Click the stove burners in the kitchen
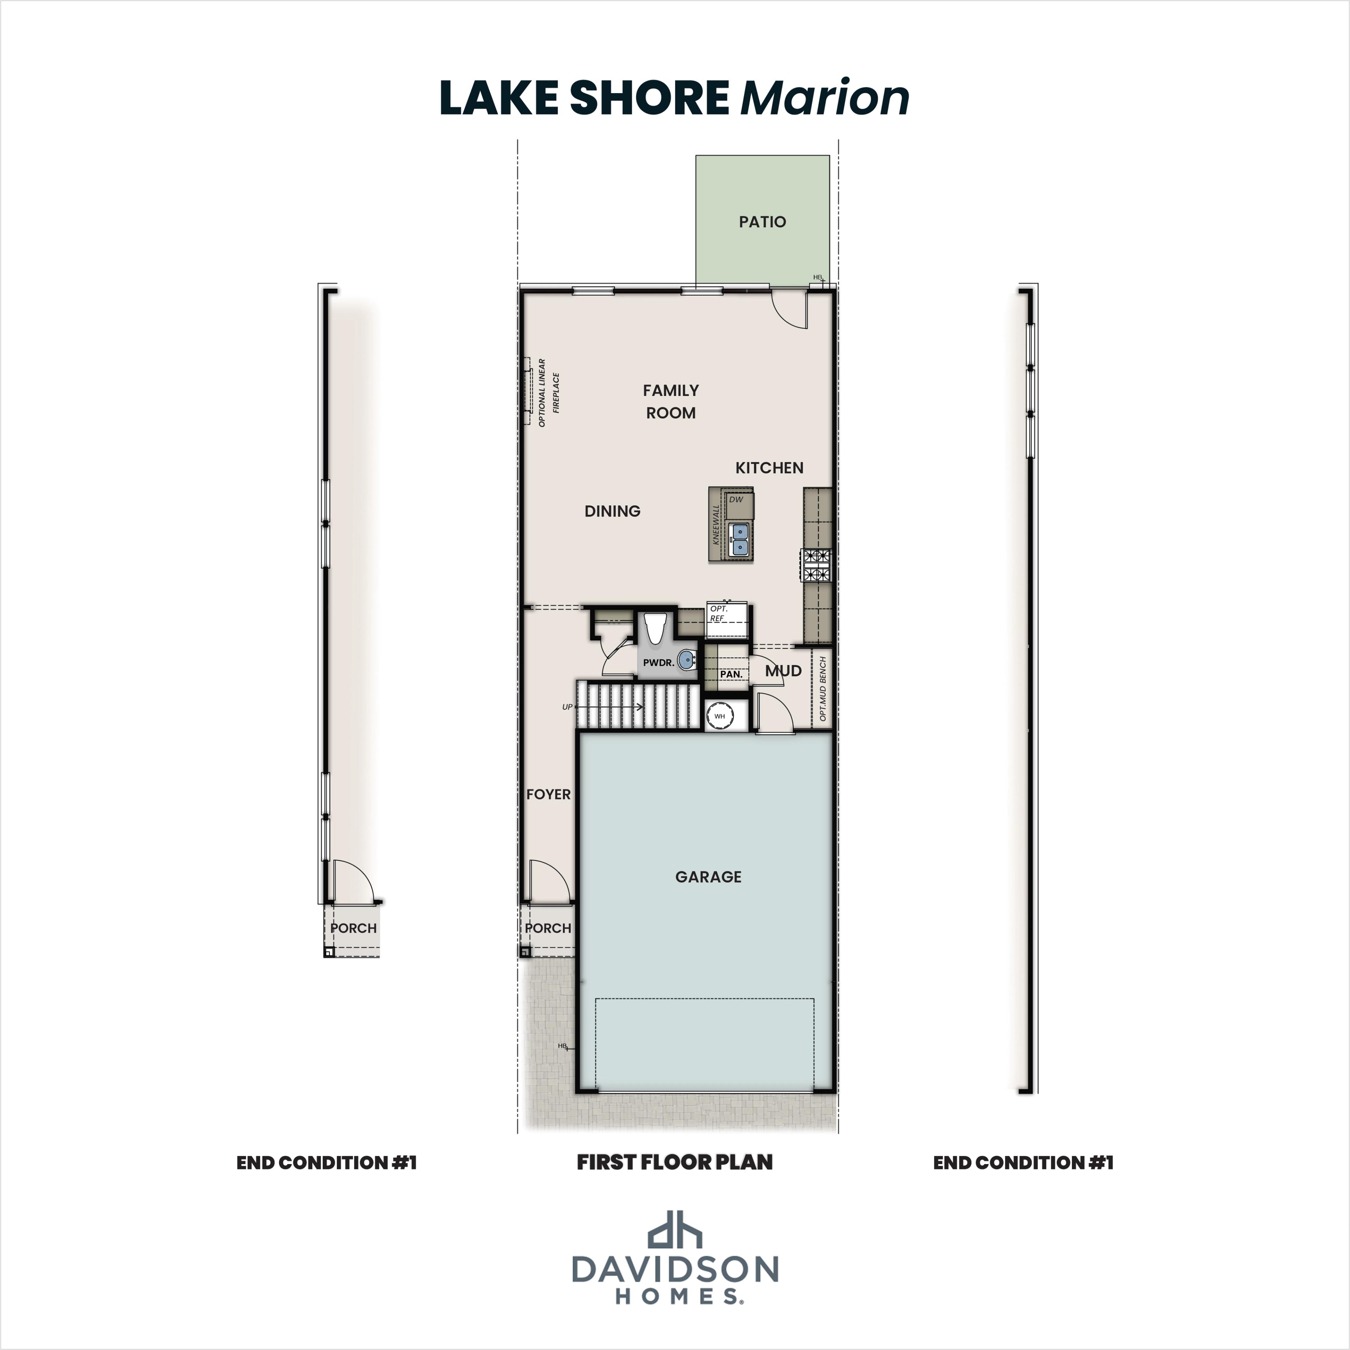coord(816,565)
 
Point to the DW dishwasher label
coord(736,500)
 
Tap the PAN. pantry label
coord(731,674)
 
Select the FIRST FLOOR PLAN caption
coord(674,1162)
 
